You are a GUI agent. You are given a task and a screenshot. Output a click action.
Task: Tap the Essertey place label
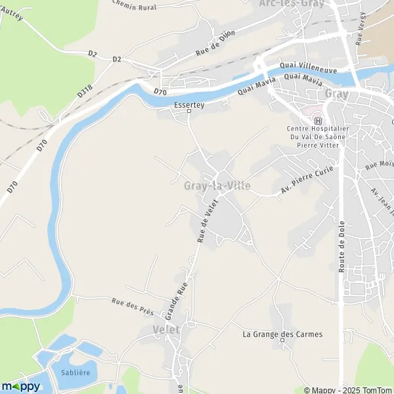[x=189, y=103]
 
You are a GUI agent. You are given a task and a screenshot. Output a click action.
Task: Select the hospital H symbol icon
[x=318, y=120]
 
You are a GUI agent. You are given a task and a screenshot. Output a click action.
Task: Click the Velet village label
[x=165, y=330]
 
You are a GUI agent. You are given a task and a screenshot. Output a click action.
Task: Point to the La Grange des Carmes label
[x=282, y=334]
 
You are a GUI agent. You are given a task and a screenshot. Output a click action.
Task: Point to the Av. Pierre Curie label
[x=307, y=180]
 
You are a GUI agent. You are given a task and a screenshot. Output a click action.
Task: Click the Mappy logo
[x=20, y=386]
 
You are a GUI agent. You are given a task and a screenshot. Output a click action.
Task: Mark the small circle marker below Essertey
[x=189, y=111]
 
